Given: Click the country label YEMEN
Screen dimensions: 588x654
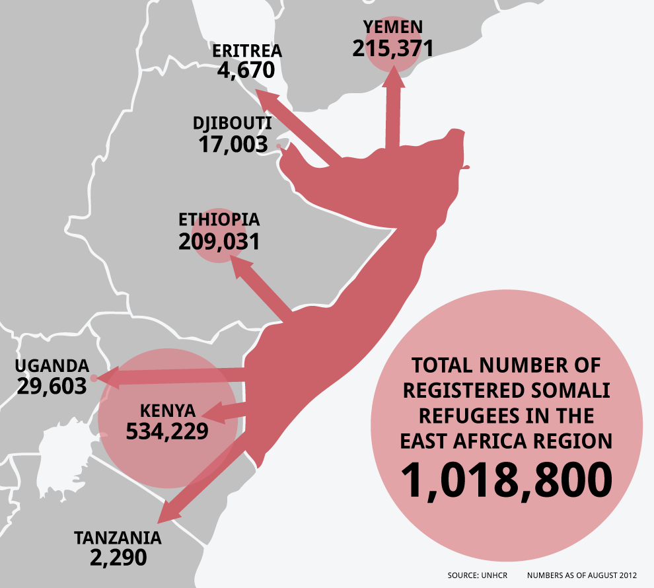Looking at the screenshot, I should (x=392, y=27).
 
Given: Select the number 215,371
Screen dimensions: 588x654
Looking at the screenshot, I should (x=392, y=48).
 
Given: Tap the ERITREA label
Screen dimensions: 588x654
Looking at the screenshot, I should (x=247, y=51).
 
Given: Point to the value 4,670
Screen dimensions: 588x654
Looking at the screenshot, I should (x=246, y=70).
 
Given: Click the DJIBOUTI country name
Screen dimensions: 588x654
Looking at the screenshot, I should (x=232, y=124).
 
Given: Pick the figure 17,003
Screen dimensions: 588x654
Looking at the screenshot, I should (x=233, y=145).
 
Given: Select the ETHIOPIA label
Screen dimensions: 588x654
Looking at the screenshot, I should (x=219, y=220).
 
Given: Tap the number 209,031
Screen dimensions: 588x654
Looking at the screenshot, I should (x=219, y=242).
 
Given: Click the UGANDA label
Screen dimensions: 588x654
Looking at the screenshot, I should (x=52, y=366).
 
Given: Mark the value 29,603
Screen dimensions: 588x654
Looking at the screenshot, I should (x=52, y=386).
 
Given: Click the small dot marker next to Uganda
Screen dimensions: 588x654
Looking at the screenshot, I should (x=94, y=379).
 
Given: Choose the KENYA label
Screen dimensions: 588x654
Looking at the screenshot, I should (x=167, y=409).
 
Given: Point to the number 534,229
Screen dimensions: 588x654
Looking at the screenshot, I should (x=167, y=431).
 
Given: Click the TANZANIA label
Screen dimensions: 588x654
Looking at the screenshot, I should (x=118, y=537).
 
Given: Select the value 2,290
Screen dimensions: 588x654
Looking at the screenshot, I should (x=118, y=558).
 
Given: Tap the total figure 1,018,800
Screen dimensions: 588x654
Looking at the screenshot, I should (x=506, y=480).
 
